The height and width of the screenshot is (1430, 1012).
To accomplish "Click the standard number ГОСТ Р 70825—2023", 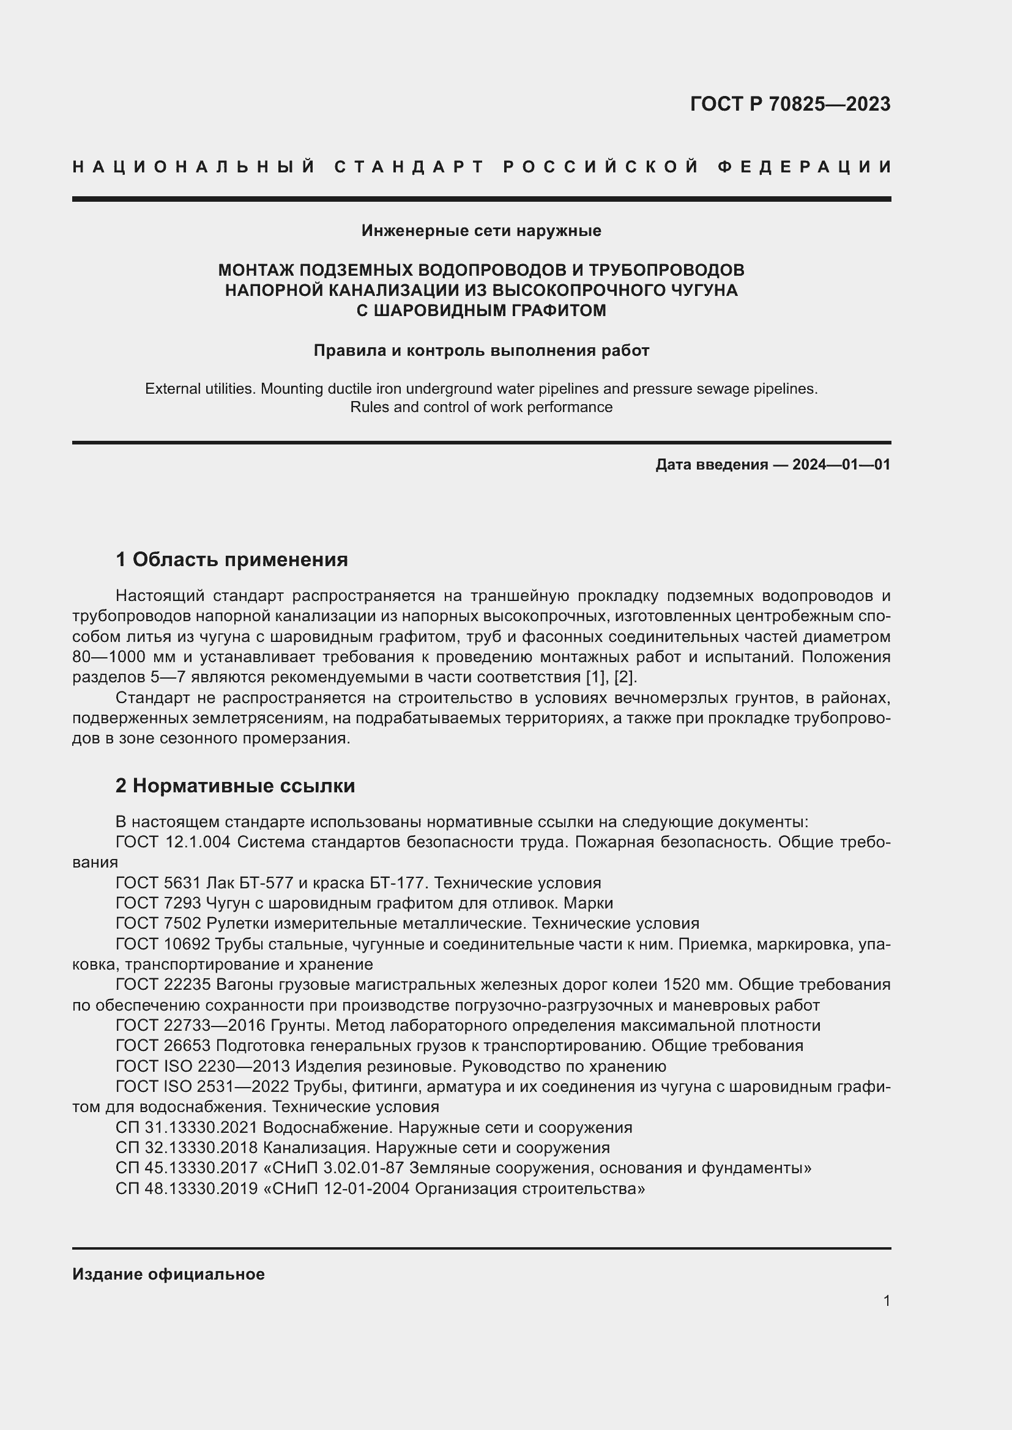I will pyautogui.click(x=789, y=104).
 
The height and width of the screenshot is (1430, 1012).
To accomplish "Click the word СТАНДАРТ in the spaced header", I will pyautogui.click(x=409, y=167).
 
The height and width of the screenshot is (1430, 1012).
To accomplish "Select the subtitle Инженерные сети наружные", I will pyautogui.click(x=481, y=231).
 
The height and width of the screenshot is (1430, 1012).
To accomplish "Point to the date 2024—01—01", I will pyautogui.click(x=841, y=465).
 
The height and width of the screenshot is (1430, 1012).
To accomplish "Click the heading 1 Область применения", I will pyautogui.click(x=232, y=559).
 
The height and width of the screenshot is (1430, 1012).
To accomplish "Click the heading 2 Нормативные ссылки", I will pyautogui.click(x=235, y=786).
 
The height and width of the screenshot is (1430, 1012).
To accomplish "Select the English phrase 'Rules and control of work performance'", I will pyautogui.click(x=481, y=407).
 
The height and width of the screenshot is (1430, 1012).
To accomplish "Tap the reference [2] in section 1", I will pyautogui.click(x=625, y=677).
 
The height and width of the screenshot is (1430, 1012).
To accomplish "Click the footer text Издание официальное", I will pyautogui.click(x=168, y=1274).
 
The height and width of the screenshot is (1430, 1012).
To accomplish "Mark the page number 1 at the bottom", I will pyautogui.click(x=886, y=1301).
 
